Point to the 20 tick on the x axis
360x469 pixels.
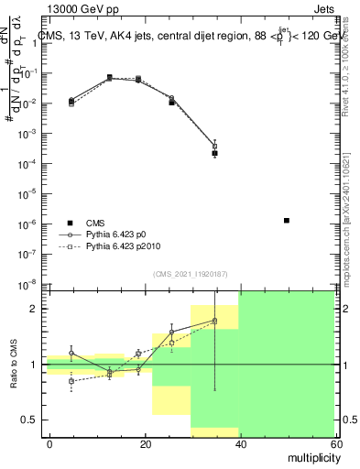click(x=146, y=443)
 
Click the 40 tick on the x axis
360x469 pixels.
click(x=240, y=443)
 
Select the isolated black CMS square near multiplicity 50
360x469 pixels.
click(x=287, y=221)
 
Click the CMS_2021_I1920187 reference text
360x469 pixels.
click(x=189, y=273)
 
